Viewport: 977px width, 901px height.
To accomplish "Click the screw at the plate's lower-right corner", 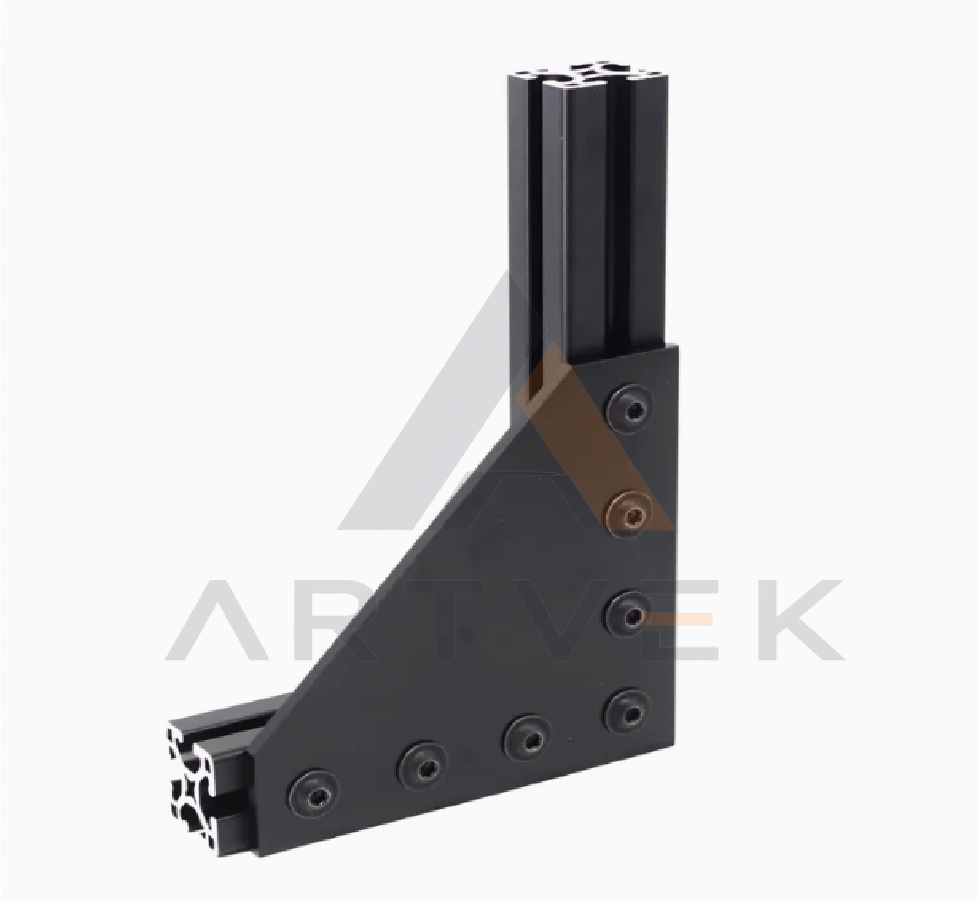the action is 629,712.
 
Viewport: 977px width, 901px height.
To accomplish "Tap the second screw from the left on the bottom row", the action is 422,766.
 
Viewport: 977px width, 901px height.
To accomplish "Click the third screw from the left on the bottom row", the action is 528,739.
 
